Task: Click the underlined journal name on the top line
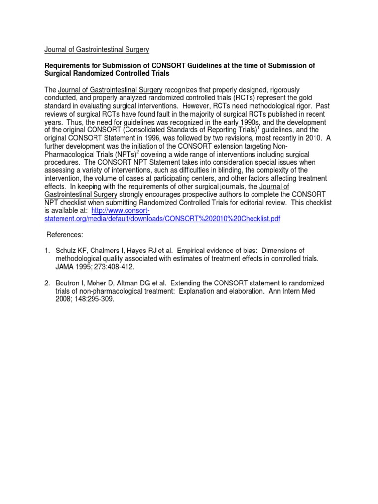tap(96, 50)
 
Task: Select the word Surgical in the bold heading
tap(61, 74)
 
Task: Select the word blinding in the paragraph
tap(229, 170)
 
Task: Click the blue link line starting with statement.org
tap(162, 219)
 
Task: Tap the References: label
tap(64, 235)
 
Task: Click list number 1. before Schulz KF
tap(47, 251)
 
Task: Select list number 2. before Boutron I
tap(47, 283)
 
